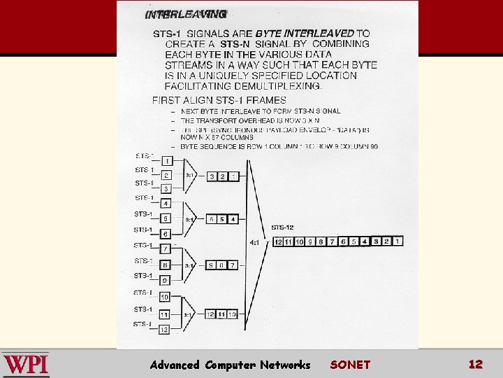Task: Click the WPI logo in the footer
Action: [26, 365]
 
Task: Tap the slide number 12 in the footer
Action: [476, 364]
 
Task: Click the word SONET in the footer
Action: [350, 365]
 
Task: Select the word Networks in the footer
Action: [285, 365]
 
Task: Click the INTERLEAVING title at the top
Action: [186, 14]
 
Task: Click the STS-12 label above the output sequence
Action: [283, 227]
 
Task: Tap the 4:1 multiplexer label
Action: [255, 242]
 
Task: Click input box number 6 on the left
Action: [166, 234]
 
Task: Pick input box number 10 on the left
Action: [165, 297]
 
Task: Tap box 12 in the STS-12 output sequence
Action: [278, 241]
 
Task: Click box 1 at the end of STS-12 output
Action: [398, 241]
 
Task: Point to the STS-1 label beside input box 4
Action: [143, 198]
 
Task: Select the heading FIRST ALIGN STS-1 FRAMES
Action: [219, 100]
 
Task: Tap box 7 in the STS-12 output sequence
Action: [333, 241]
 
